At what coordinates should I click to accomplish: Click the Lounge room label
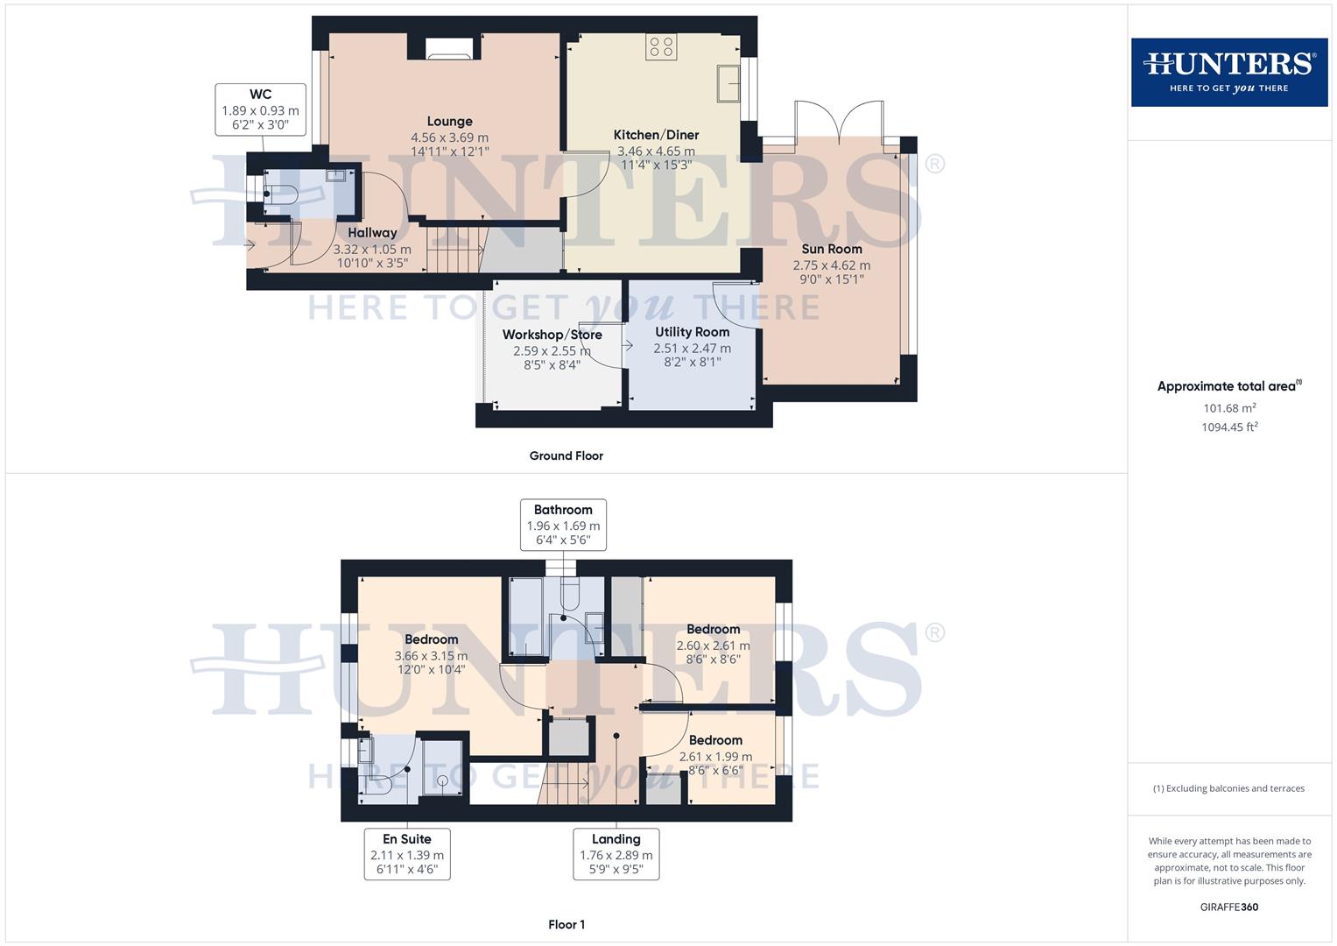pyautogui.click(x=449, y=122)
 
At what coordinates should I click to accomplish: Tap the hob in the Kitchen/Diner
pyautogui.click(x=661, y=46)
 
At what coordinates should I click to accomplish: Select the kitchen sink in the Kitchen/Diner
pyautogui.click(x=728, y=83)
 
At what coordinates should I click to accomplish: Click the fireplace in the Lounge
pyautogui.click(x=449, y=49)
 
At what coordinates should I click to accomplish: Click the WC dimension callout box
pyautogui.click(x=260, y=110)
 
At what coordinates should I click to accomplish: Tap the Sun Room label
pyautogui.click(x=831, y=249)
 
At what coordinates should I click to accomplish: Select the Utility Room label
pyautogui.click(x=692, y=332)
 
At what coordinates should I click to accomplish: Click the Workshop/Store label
pyautogui.click(x=552, y=335)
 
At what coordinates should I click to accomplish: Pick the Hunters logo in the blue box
pyautogui.click(x=1228, y=72)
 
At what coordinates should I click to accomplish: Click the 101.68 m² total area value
pyautogui.click(x=1229, y=408)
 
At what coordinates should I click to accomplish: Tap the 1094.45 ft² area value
pyautogui.click(x=1229, y=427)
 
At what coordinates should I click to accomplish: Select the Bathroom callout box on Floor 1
pyautogui.click(x=563, y=524)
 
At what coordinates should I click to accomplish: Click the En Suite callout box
pyautogui.click(x=407, y=854)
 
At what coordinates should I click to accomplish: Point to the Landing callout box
pyautogui.click(x=616, y=854)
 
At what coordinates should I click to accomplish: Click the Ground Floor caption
pyautogui.click(x=566, y=455)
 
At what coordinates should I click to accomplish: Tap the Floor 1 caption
pyautogui.click(x=566, y=924)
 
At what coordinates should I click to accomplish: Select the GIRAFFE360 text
pyautogui.click(x=1228, y=907)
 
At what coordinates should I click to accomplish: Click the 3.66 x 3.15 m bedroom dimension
pyautogui.click(x=431, y=656)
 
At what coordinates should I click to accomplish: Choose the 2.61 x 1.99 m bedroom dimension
pyautogui.click(x=715, y=757)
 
